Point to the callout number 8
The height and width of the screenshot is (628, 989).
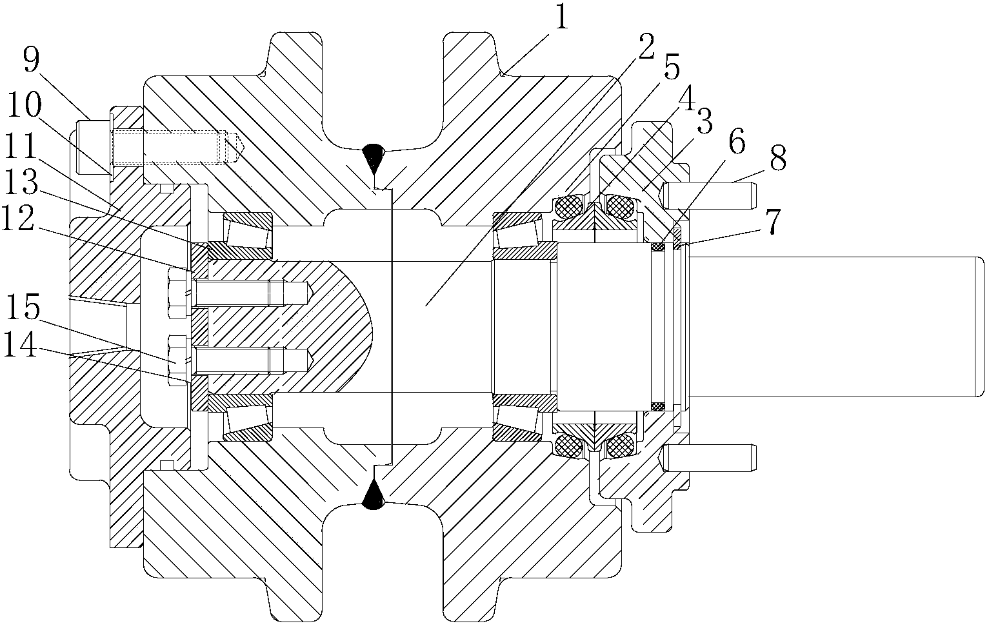tap(778, 158)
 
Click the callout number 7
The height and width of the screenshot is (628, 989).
tap(773, 221)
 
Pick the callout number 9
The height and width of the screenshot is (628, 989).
tap(32, 61)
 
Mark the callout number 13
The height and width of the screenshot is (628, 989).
tap(21, 181)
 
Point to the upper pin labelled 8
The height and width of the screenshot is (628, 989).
tap(708, 195)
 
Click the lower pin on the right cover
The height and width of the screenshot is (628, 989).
tap(708, 458)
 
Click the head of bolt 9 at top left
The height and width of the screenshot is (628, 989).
tap(93, 148)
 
